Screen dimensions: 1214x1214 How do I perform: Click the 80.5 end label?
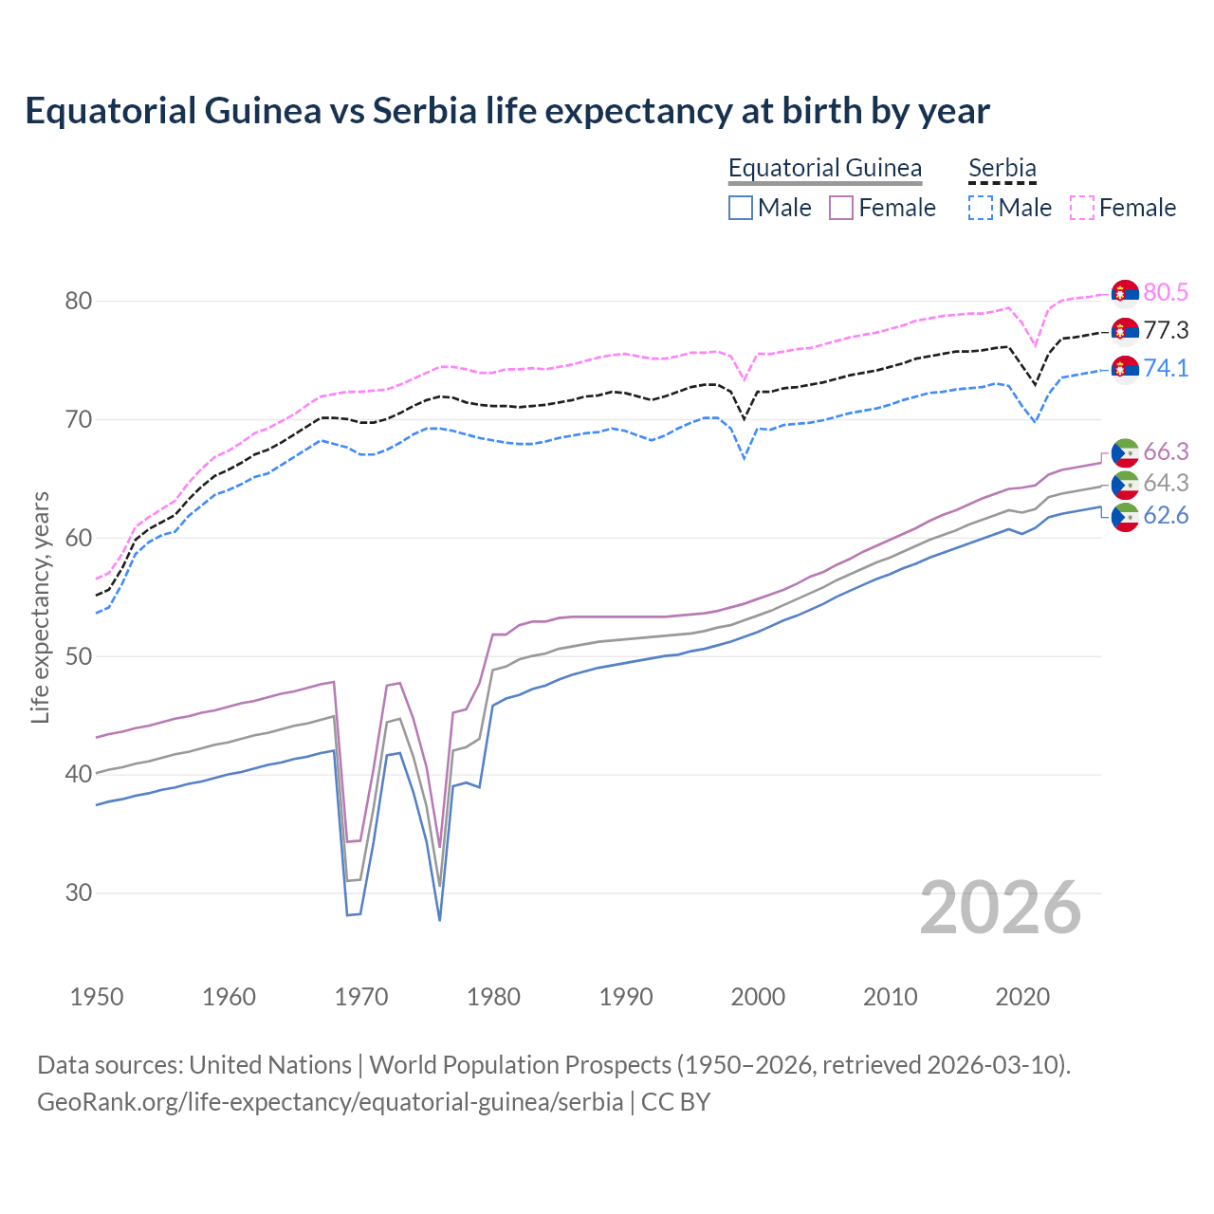[x=1166, y=293]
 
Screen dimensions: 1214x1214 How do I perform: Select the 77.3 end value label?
[x=1166, y=331]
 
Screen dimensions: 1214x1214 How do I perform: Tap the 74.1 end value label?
[x=1166, y=368]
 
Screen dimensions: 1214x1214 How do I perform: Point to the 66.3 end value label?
[x=1166, y=451]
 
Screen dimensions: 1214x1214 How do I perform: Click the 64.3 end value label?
[x=1166, y=484]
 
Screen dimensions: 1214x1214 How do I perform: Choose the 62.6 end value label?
[x=1166, y=516]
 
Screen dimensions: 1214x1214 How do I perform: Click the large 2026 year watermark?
[x=1001, y=908]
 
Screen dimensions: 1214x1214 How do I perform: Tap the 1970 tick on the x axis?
[x=361, y=997]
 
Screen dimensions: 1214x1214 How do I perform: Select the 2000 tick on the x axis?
[x=758, y=997]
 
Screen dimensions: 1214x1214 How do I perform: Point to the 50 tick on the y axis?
[x=79, y=656]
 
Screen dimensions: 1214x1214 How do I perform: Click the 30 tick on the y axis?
[x=79, y=892]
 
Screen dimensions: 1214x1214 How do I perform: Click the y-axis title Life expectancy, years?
[x=40, y=607]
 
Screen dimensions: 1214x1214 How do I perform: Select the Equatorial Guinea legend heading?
[x=825, y=168]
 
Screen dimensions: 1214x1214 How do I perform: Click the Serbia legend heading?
[x=1002, y=168]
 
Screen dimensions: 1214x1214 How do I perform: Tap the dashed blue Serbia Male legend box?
[x=981, y=208]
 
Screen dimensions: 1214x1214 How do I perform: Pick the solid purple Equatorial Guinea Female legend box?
[x=841, y=208]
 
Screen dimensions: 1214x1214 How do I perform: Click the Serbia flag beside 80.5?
[x=1125, y=294]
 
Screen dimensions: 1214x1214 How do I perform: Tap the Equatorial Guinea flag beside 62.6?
[x=1125, y=517]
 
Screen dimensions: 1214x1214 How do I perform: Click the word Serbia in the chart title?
[x=424, y=111]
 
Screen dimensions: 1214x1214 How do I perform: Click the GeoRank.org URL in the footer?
[x=330, y=1102]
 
